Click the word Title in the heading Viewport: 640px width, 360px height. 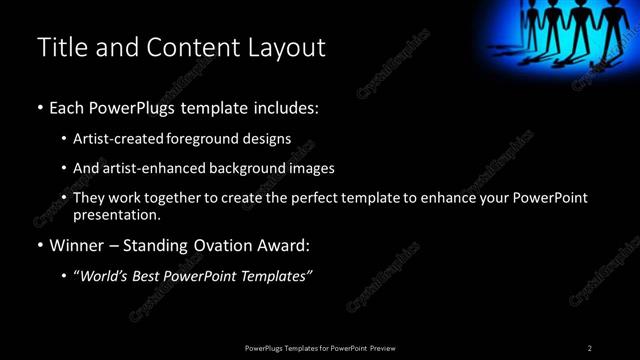click(61, 47)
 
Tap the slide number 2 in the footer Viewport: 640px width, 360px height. click(589, 348)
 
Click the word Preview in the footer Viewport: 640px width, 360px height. click(383, 348)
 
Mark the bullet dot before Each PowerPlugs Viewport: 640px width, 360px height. click(39, 106)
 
